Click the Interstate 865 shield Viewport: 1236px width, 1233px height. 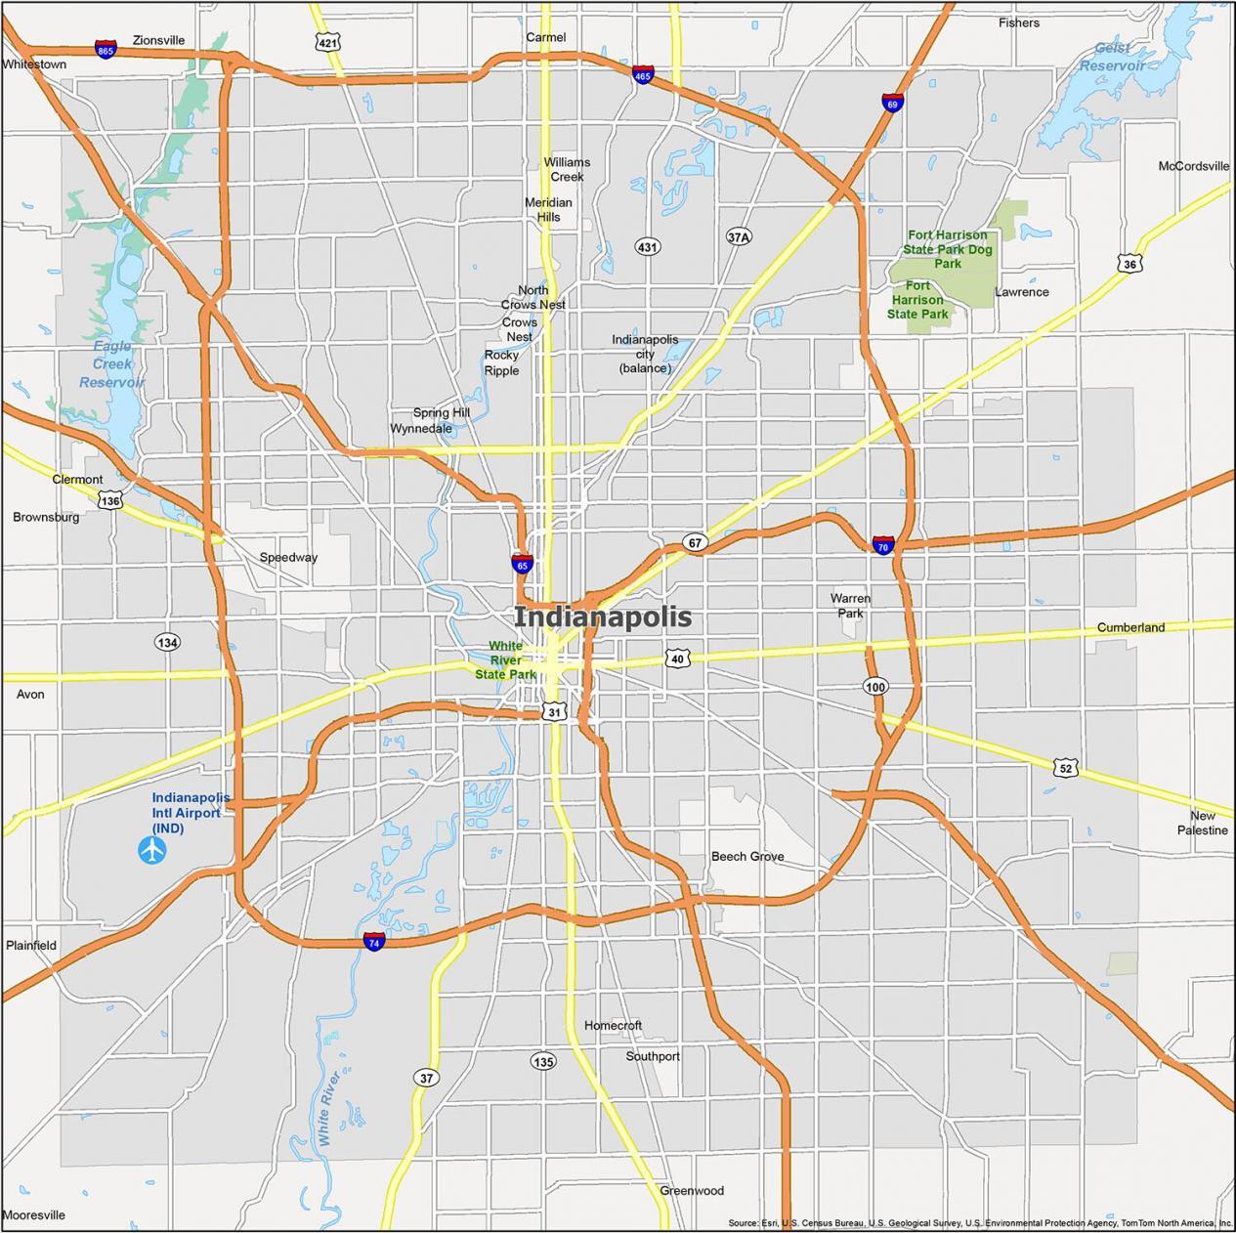point(106,48)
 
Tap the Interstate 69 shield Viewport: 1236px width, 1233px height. point(891,103)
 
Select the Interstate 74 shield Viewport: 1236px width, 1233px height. point(373,941)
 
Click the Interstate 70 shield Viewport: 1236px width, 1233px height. point(883,544)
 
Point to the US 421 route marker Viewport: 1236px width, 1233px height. point(328,42)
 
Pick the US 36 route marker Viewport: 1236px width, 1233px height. point(1129,264)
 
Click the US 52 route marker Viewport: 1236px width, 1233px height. point(1066,768)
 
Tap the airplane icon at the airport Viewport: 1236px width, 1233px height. point(151,850)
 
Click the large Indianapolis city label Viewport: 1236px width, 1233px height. point(603,616)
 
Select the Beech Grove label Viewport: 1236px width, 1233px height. point(747,857)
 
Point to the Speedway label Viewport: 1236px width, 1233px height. point(288,558)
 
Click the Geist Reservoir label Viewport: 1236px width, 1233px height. point(1112,57)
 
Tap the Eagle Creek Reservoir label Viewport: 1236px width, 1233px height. point(111,364)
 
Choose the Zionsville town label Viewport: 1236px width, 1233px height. point(158,41)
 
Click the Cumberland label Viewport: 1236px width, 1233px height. point(1130,627)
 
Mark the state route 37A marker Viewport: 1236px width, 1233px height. point(740,236)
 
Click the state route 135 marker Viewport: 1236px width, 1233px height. point(543,1061)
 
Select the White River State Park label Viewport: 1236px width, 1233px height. point(505,660)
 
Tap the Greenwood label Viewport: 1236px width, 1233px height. point(692,1191)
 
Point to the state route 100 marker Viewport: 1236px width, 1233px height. point(875,687)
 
